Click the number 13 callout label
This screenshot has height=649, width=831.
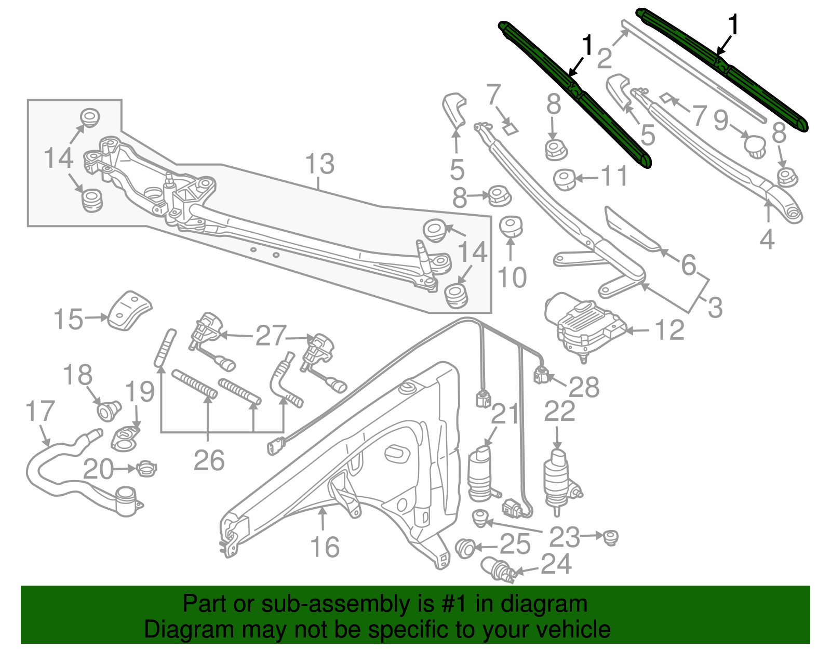(319, 164)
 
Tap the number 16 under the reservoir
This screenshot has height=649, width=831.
(325, 547)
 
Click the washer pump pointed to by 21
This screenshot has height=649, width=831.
(481, 474)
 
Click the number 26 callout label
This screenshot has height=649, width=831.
(209, 460)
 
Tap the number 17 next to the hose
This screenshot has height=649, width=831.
(40, 412)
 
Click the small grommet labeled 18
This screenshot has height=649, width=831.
(109, 410)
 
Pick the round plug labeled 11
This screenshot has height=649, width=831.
(564, 179)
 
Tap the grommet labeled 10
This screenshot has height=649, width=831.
(511, 226)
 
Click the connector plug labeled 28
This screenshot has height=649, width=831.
(541, 374)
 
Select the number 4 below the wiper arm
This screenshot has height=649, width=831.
(767, 239)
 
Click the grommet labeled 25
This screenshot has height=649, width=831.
(464, 548)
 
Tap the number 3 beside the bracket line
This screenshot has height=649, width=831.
(715, 308)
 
